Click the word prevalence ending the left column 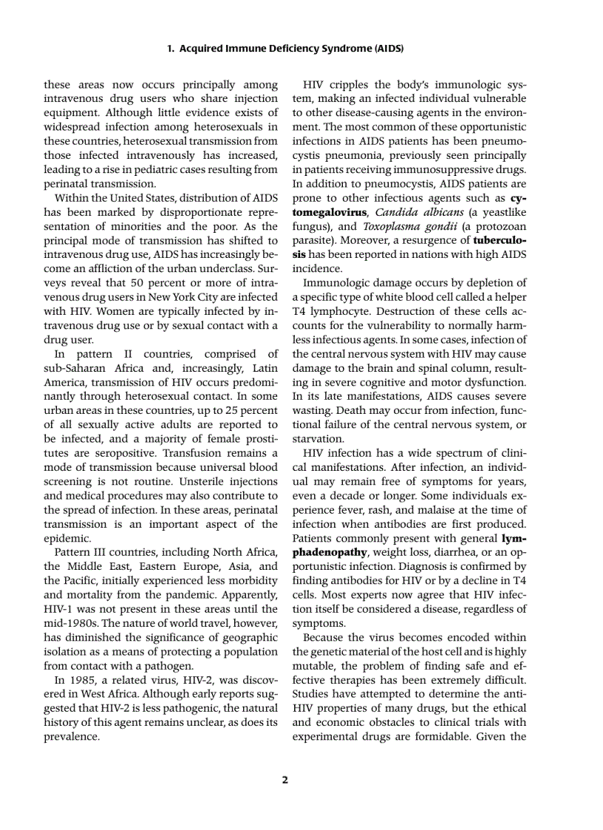(x=70, y=737)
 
